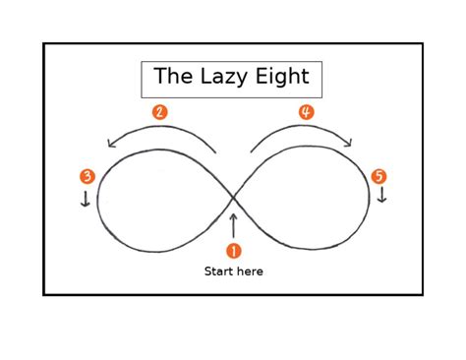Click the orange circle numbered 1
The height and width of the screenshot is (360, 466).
233,251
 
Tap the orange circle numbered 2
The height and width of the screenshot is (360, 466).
160,112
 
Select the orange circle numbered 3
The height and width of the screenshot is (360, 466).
87,177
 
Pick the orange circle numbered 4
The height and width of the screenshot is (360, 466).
307,112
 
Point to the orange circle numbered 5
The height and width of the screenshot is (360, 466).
379,176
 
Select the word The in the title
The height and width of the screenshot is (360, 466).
171,78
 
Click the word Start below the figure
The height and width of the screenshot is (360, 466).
219,271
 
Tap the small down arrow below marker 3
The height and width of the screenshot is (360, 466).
86,198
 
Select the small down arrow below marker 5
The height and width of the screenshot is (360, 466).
381,195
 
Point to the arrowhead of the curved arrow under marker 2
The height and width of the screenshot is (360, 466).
109,146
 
